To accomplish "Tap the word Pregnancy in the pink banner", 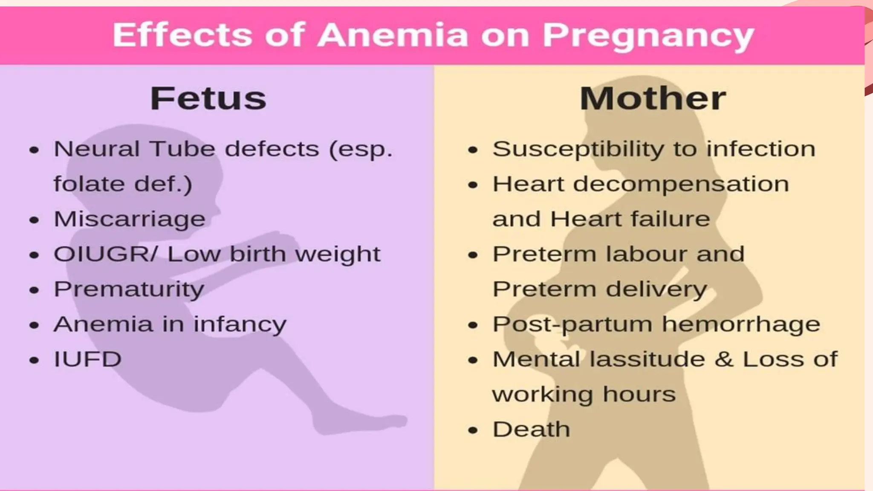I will pos(648,36).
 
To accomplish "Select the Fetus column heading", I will pos(208,98).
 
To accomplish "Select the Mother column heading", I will pos(652,98).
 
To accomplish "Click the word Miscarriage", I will pos(130,220).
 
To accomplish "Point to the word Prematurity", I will pos(129,289).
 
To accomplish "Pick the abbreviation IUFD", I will pos(88,359).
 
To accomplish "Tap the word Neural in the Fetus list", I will pos(97,149).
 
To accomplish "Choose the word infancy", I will pos(240,324).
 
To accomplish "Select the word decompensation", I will pos(681,185).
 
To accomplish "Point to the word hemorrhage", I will pos(741,324).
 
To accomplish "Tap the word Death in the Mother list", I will pos(531,429).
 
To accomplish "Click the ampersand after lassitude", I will pos(724,359).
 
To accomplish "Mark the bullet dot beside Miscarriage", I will pos(34,220).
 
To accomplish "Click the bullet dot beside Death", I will pos(472,430).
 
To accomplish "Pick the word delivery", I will pos(656,289).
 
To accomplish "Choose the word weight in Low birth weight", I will pos(338,254).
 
